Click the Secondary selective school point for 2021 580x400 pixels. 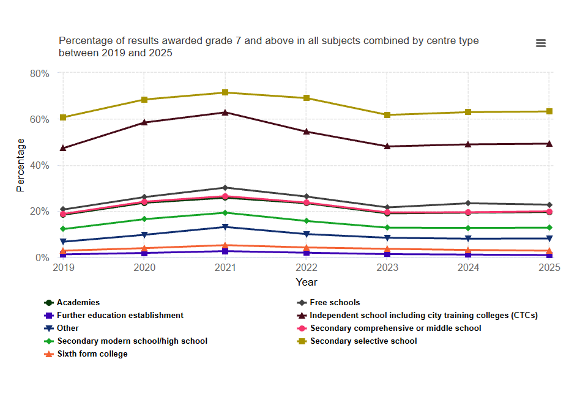point(225,92)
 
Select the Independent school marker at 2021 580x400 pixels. point(225,113)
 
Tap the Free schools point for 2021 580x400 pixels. point(225,188)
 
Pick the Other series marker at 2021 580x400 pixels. point(225,227)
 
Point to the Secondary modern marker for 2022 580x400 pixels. point(307,221)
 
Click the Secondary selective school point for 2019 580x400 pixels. point(63,117)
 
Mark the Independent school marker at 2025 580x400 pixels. point(549,144)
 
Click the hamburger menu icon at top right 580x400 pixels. point(540,43)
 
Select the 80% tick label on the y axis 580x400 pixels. point(39,73)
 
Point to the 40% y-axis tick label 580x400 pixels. point(39,165)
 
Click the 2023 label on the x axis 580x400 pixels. point(387,268)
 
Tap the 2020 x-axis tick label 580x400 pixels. point(144,268)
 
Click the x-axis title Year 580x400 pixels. point(307,282)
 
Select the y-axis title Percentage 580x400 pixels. point(21,165)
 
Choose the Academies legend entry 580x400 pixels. point(78,302)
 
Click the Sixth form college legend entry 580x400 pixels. point(92,354)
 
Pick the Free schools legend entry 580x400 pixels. point(335,302)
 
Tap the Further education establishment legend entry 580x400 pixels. point(120,315)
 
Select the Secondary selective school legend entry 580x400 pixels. point(363,341)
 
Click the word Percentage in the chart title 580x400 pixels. point(85,41)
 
